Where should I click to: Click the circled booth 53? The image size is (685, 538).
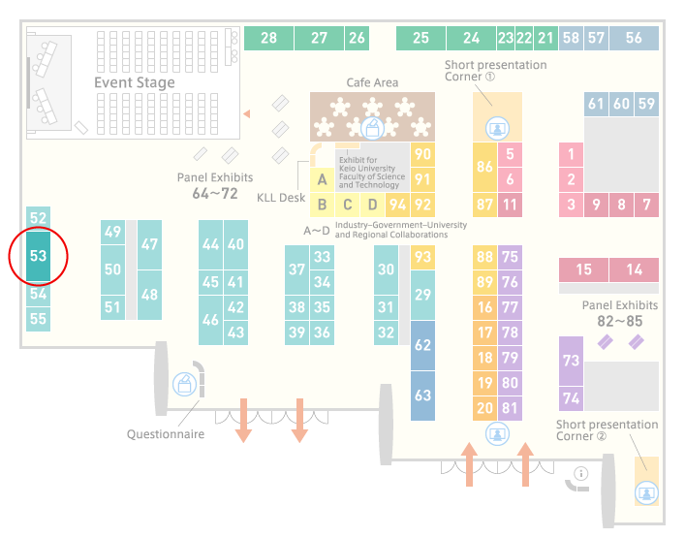click(x=38, y=256)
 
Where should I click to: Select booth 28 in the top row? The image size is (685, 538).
click(x=268, y=38)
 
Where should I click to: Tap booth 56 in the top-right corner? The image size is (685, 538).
click(x=634, y=38)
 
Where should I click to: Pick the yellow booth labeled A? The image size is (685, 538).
click(x=322, y=179)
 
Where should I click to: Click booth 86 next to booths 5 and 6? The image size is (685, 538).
click(x=484, y=167)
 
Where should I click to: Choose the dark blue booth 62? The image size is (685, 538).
click(x=422, y=345)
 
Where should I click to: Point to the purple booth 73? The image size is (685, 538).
click(x=571, y=361)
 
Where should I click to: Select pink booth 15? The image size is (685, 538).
click(x=583, y=269)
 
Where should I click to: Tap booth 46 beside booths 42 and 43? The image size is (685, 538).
click(x=210, y=320)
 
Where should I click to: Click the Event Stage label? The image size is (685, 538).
click(x=135, y=82)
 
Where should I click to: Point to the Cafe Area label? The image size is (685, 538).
click(x=372, y=82)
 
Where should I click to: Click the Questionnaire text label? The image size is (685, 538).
click(x=166, y=434)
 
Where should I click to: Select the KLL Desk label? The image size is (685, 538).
click(x=281, y=198)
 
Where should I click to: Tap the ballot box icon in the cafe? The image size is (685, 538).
click(x=372, y=129)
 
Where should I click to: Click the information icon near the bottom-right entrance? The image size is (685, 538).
click(x=581, y=473)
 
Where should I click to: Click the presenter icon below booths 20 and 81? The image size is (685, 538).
click(x=497, y=434)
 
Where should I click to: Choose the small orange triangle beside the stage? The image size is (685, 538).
click(x=247, y=113)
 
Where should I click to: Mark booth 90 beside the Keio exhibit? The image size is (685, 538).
click(x=422, y=154)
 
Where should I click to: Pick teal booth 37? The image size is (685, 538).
click(x=297, y=269)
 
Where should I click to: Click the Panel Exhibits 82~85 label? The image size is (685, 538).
click(x=620, y=313)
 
